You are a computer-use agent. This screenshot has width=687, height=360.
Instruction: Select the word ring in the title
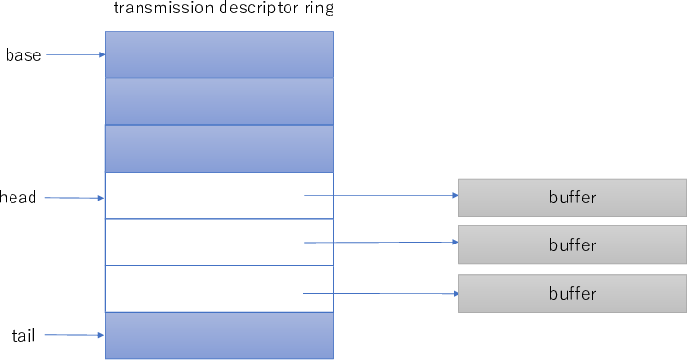coord(315,11)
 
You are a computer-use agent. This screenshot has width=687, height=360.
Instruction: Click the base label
coord(23,55)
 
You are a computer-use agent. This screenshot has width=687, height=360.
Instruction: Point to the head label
coord(19,198)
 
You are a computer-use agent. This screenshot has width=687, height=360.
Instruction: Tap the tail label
coord(24,335)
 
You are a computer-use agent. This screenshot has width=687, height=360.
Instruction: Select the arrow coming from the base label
coord(75,55)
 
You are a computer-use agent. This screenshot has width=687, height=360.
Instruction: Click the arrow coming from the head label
coord(75,198)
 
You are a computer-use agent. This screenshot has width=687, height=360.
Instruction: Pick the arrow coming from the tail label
coord(75,335)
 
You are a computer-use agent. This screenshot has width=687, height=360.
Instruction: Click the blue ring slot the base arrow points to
coord(219,54)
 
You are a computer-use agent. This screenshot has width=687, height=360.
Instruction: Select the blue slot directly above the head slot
coord(219,148)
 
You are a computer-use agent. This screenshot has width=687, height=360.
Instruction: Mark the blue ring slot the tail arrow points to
coord(219,335)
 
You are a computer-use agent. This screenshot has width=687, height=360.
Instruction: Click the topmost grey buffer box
coord(571,198)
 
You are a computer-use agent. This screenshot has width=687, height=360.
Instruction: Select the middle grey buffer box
coord(571,244)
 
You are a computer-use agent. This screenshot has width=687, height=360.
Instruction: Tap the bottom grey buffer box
coord(571,293)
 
